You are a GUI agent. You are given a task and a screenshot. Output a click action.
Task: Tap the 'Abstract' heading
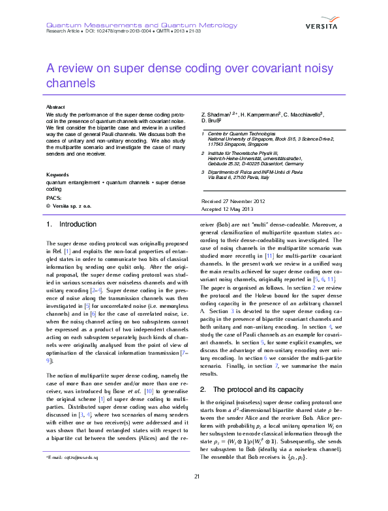click(x=55, y=106)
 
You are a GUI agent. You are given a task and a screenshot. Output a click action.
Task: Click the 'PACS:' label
click(x=54, y=197)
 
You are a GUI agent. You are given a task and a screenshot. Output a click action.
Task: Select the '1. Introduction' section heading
click(x=72, y=225)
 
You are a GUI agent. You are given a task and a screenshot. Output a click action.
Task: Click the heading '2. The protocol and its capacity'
click(x=250, y=389)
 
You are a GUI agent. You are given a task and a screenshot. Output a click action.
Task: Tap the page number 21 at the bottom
click(x=196, y=496)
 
